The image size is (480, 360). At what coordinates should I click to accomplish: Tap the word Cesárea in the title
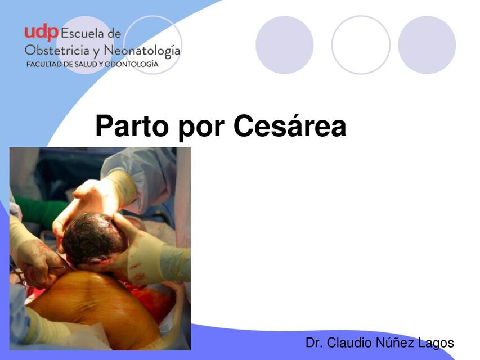click(x=289, y=126)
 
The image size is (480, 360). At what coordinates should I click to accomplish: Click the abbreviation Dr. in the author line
click(x=314, y=343)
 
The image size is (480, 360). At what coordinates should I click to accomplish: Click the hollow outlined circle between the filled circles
click(x=361, y=45)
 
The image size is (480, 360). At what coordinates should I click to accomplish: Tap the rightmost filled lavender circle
click(x=427, y=45)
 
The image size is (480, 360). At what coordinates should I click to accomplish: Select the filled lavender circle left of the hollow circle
click(x=284, y=45)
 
